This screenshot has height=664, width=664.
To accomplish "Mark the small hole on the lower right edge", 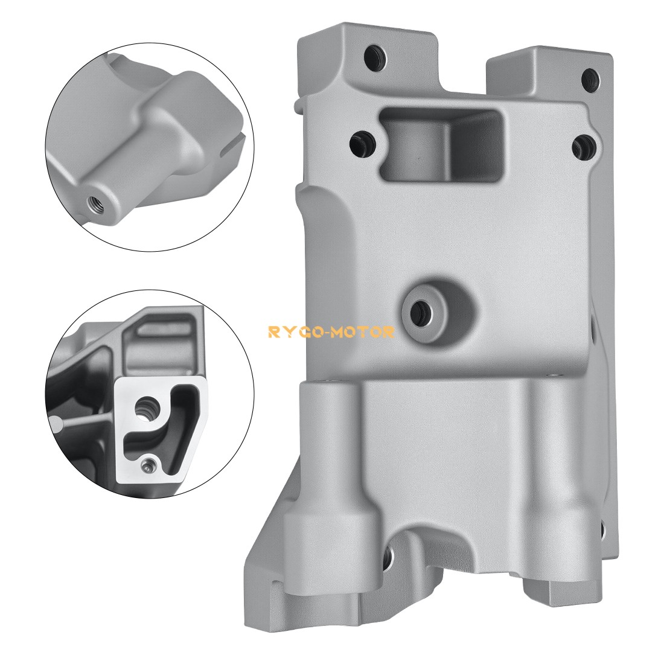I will tap(602, 530).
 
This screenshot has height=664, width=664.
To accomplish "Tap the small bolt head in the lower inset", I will tap(149, 465).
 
